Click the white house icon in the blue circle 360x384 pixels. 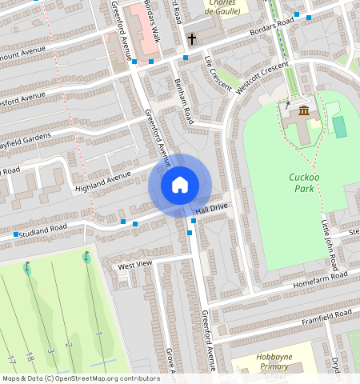coord(180,185)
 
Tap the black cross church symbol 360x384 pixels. coord(192,38)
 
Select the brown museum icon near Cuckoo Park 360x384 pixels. coord(303,110)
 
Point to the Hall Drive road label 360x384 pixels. coord(211,208)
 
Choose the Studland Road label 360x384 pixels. coord(46,230)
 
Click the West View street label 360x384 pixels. coord(134,265)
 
